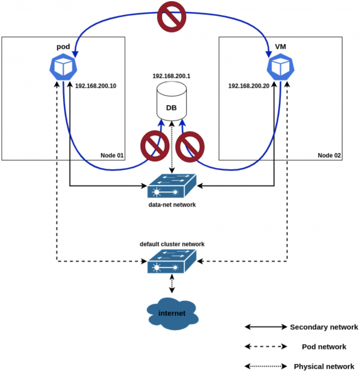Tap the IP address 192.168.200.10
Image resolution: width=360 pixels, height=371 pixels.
[96, 86]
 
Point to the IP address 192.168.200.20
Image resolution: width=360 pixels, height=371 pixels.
[248, 86]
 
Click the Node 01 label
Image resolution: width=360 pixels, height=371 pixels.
[112, 155]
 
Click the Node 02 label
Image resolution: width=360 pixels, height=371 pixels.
[329, 155]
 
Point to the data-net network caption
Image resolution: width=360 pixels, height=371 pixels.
[172, 205]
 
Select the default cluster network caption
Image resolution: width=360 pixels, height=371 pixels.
[172, 244]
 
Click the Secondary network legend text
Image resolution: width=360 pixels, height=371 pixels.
[324, 327]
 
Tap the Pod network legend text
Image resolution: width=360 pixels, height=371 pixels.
[324, 346]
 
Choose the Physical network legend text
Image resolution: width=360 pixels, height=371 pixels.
[324, 366]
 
